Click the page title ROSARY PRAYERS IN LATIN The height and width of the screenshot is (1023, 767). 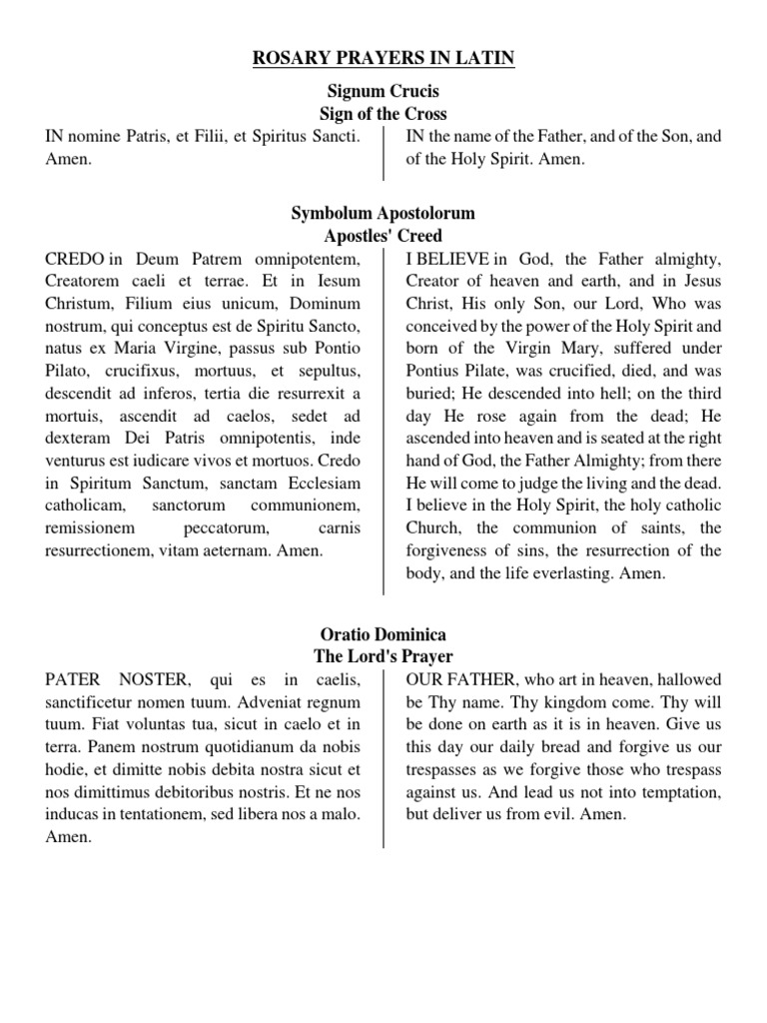(x=383, y=59)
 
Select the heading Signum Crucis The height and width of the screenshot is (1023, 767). (x=383, y=91)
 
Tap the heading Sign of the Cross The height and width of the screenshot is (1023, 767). (x=383, y=113)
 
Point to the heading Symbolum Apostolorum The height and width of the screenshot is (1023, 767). (x=383, y=214)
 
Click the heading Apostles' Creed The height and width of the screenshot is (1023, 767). (x=383, y=237)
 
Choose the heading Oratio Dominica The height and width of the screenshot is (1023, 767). (x=383, y=634)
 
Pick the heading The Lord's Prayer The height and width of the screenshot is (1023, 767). (x=383, y=656)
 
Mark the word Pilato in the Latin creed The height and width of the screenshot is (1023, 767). (x=65, y=370)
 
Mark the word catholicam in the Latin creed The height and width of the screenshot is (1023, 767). (x=88, y=505)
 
